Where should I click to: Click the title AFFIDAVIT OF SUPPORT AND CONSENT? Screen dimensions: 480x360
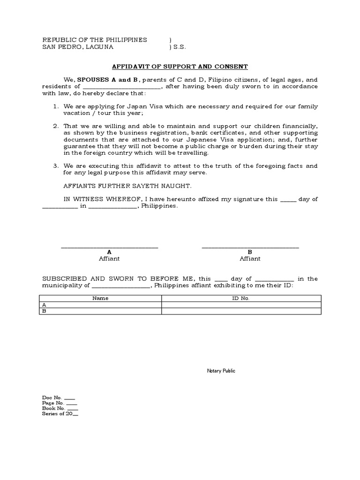coord(180,67)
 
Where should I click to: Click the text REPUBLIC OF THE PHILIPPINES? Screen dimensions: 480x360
coord(95,40)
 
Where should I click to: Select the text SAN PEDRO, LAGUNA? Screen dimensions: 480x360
coord(77,47)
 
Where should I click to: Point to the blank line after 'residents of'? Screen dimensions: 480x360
coord(122,87)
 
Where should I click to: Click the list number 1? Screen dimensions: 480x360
coord(55,106)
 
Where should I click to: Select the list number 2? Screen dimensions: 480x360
coord(55,126)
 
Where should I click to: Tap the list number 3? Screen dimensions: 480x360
coord(55,166)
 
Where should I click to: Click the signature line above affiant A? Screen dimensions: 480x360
coord(109,247)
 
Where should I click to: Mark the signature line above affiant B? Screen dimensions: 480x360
coord(250,247)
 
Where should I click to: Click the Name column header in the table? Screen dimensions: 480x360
coord(100,298)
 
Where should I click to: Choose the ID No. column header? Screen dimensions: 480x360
coord(241,298)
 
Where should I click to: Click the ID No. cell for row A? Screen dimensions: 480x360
coord(241,305)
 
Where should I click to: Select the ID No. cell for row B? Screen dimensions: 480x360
coord(241,311)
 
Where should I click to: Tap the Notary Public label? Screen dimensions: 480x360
coord(221,371)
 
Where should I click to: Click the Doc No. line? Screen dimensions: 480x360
coord(58,397)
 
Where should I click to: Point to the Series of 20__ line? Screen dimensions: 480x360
coord(60,414)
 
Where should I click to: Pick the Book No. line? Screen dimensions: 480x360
coord(60,408)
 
